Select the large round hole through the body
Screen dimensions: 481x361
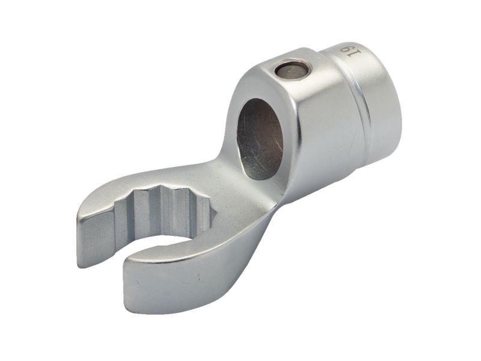tap(260, 139)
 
